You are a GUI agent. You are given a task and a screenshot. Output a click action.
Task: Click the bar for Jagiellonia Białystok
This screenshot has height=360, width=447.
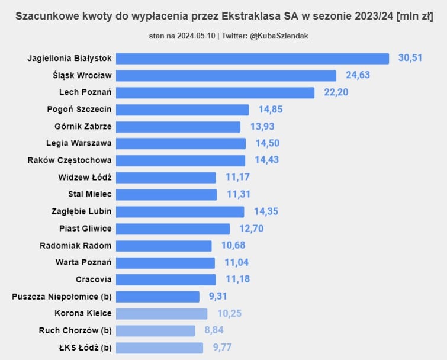point(252,58)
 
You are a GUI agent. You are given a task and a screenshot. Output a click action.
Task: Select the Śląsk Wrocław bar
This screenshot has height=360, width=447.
point(226,75)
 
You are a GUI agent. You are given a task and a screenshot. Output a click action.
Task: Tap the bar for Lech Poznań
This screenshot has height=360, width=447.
point(215,92)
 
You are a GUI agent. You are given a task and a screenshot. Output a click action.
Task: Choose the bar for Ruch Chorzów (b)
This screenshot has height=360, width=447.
point(155,330)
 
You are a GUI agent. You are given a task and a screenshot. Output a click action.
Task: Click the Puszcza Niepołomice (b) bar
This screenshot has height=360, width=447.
point(157,297)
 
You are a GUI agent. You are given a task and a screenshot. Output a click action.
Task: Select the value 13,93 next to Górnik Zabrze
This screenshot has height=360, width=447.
point(262,127)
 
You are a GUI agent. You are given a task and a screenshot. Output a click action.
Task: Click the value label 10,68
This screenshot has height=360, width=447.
point(233,245)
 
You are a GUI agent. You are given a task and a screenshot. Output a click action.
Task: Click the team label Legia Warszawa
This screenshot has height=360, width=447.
point(79,143)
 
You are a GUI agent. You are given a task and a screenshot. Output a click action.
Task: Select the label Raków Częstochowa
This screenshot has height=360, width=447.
point(69,160)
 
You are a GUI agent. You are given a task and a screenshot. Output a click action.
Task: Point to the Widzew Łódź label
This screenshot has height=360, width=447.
point(85,177)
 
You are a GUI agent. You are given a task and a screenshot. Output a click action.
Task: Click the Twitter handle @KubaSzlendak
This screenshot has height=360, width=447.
point(279,36)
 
